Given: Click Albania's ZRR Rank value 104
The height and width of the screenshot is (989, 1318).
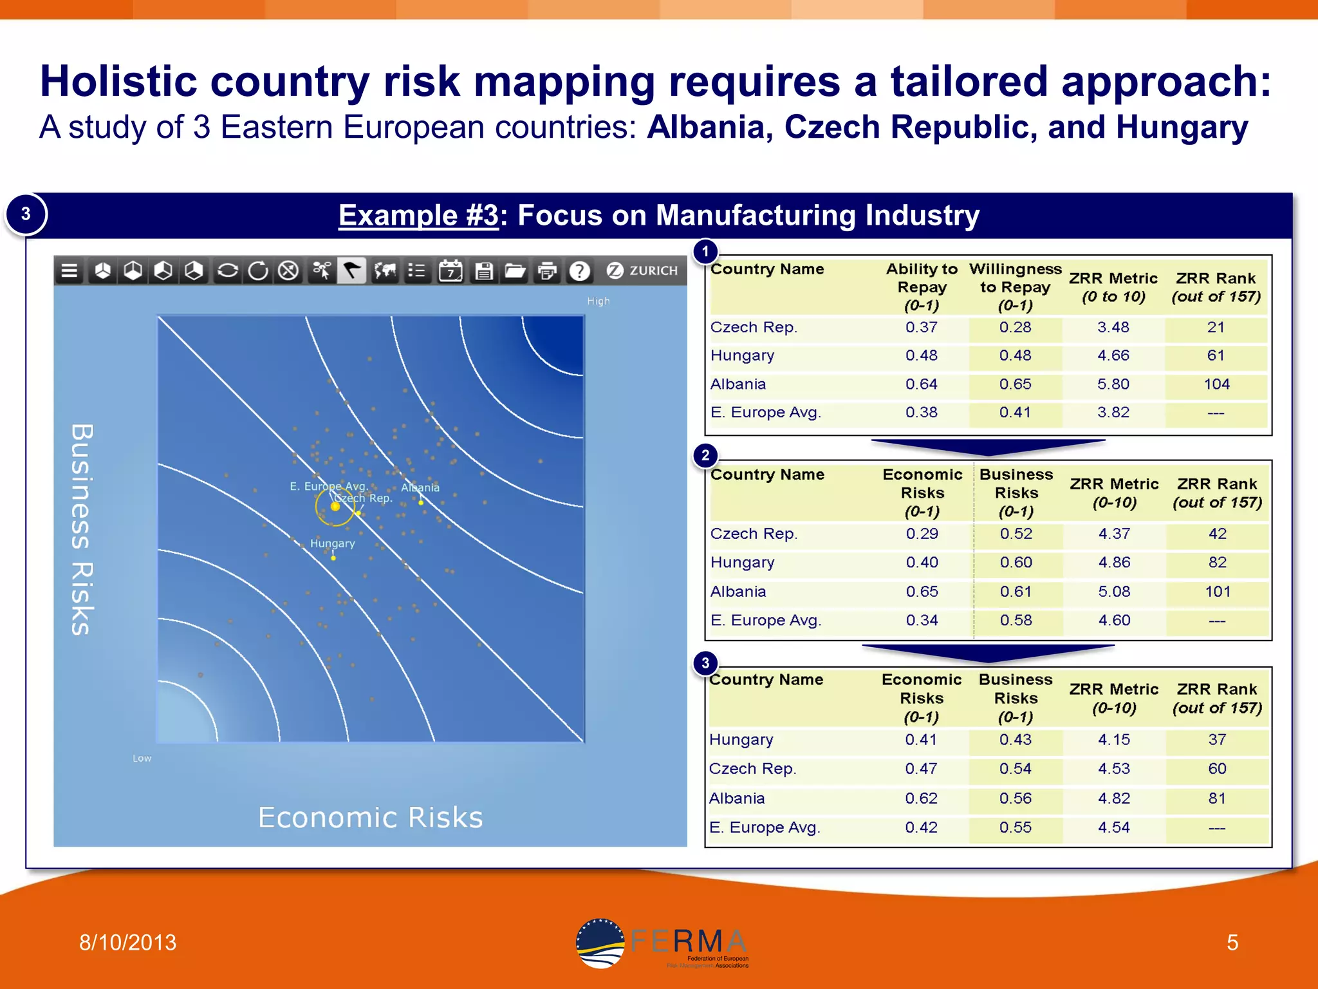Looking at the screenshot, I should point(1216,384).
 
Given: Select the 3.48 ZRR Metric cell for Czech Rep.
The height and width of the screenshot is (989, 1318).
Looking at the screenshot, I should point(1113,327).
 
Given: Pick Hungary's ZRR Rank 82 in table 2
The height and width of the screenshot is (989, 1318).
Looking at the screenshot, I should point(1217,562).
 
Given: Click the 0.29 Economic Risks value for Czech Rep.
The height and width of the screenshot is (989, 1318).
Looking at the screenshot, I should point(922,534).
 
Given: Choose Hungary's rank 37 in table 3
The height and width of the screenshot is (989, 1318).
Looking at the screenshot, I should point(1216,740).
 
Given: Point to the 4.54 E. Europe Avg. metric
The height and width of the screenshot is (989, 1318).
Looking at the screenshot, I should point(1113,827).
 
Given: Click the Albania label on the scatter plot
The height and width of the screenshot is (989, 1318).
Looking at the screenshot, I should point(420,488).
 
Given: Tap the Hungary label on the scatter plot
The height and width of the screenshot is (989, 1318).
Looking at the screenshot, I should point(332,543).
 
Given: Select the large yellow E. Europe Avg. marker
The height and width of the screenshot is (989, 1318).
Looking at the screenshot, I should point(335,507).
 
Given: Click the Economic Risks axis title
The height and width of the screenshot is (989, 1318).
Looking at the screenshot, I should point(370,818).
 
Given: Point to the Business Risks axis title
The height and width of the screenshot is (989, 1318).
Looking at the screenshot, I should point(82,529).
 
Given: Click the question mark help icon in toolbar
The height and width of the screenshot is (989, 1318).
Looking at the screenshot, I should point(579,271).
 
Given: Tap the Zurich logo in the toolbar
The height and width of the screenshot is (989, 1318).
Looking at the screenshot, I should point(642,270).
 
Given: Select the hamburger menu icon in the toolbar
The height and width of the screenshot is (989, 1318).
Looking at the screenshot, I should point(70,271).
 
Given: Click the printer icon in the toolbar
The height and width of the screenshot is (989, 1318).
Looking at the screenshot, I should point(547,271).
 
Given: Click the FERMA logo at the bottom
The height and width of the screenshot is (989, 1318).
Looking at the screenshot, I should point(663,944).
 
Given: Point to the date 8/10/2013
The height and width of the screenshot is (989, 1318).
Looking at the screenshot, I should point(127,943).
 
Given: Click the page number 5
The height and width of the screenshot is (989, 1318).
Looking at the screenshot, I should point(1232,943).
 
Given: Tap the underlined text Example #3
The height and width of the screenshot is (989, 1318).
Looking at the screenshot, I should point(418,216).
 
